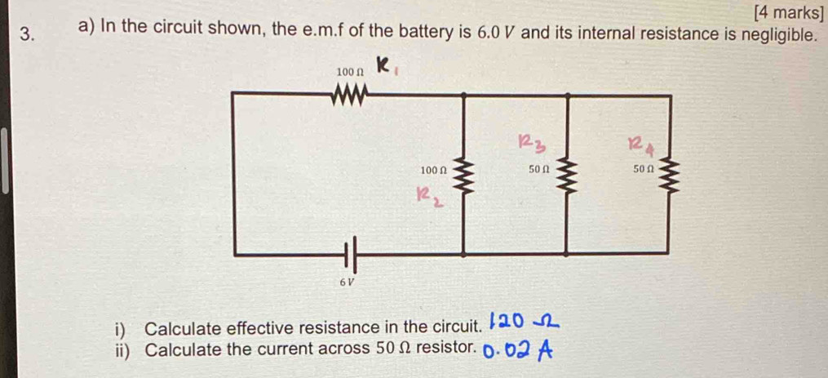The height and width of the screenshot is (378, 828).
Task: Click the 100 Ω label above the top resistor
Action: [x=348, y=73]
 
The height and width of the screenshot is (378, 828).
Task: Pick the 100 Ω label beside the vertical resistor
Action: [x=433, y=171]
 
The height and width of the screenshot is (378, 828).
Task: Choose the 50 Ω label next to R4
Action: [x=643, y=170]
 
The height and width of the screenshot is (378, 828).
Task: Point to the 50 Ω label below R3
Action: [x=538, y=170]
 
